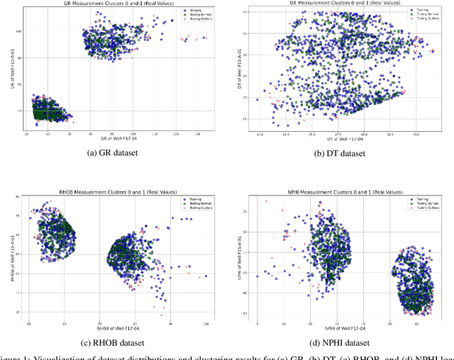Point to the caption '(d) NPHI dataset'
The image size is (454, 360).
(x=342, y=344)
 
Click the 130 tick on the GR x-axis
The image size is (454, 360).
(x=197, y=133)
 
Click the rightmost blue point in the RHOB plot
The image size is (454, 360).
(x=206, y=276)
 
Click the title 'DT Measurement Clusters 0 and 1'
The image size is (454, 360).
(x=341, y=4)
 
